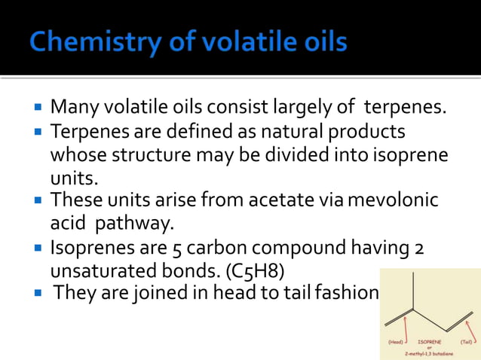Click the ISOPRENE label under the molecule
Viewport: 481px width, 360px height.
click(429, 341)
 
